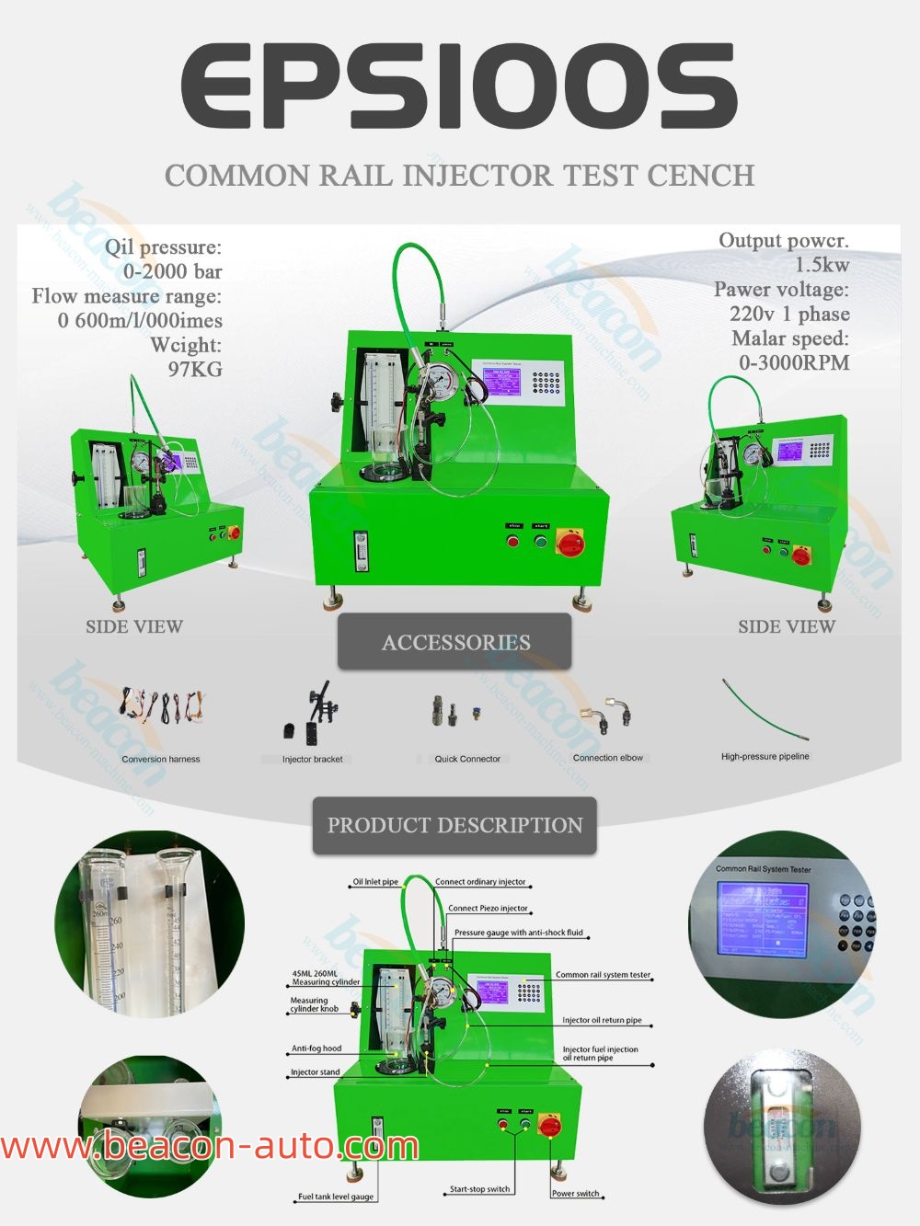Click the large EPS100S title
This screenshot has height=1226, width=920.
coord(459,86)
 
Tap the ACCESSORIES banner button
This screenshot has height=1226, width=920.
coord(455,642)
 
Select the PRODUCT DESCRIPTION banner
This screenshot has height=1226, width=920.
coord(454,825)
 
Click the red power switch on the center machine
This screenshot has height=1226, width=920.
coord(570,544)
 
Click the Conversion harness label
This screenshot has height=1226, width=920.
coord(161,759)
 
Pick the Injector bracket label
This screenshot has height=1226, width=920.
coord(312,759)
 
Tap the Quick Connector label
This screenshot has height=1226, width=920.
coord(467,759)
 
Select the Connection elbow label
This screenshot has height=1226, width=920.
coord(608,758)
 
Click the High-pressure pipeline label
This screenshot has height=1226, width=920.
coord(765,756)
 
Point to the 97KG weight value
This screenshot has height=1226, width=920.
coord(194,370)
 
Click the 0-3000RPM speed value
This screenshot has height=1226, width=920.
coord(794,362)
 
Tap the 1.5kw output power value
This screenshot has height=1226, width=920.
coord(822,265)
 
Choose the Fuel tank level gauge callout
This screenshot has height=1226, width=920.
coord(336,1197)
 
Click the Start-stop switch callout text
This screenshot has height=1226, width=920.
coord(479,1189)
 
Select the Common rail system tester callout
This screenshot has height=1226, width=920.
coord(603,975)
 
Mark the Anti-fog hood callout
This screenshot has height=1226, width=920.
coord(316,1048)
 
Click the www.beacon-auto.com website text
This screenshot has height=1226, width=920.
coord(210,1146)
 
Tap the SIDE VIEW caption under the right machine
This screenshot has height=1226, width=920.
coord(787,626)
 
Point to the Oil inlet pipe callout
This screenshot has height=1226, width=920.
coord(375,881)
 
